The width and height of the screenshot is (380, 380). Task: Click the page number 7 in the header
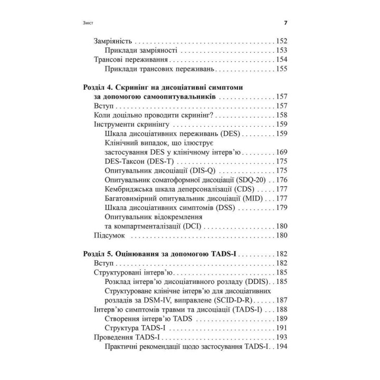(x=285, y=23)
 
